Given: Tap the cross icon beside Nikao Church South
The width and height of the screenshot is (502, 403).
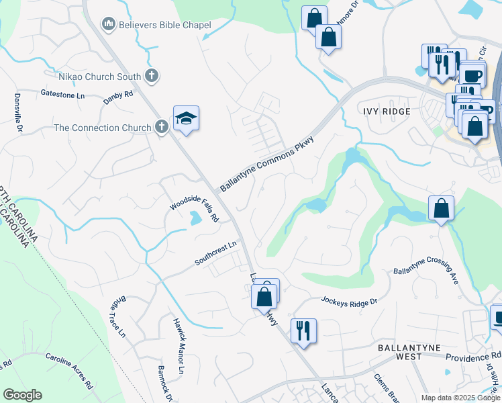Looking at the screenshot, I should coord(152,76).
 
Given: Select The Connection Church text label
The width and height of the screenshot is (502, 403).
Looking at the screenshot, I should coord(103,128).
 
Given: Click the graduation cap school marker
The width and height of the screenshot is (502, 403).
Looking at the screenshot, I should coord(186,118).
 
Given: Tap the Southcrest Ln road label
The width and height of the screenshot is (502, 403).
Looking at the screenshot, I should coord(217,253).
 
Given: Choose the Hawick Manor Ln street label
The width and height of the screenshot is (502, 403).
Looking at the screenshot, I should coord(178,346).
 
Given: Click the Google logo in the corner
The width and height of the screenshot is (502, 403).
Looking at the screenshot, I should coord(22,395).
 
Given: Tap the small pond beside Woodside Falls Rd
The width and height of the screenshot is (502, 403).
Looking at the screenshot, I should coord(195,218).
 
